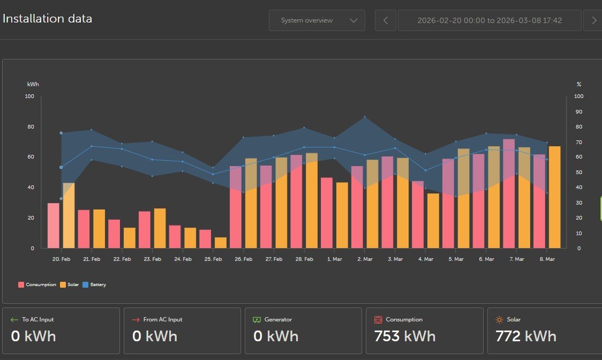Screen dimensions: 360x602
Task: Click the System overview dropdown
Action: (317, 20)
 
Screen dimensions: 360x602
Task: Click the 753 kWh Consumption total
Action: (404, 336)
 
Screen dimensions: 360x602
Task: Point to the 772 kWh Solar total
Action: (525, 336)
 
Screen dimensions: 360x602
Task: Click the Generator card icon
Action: (257, 320)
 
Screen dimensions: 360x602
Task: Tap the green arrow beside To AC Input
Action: (14, 320)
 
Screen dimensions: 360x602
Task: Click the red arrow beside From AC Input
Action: (136, 320)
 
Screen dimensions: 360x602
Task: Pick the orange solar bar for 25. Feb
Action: (221, 243)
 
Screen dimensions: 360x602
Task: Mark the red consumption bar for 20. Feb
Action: (54, 226)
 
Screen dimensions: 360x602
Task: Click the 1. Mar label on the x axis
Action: (334, 259)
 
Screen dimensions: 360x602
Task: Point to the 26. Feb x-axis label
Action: (243, 259)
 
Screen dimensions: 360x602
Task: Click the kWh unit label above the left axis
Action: (33, 84)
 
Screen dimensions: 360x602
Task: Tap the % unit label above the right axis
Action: (579, 84)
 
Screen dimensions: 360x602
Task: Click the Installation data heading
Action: (47, 19)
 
